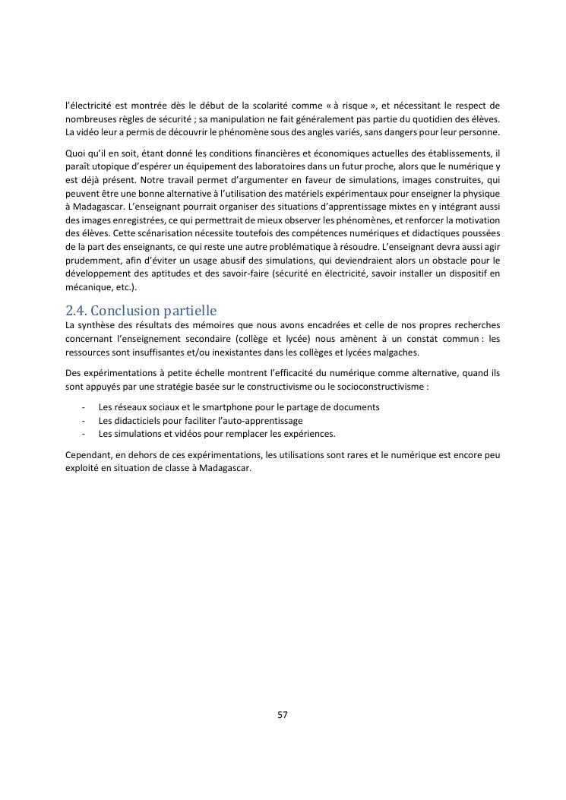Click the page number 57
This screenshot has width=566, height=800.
tap(283, 714)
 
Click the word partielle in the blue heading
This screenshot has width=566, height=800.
tap(190, 311)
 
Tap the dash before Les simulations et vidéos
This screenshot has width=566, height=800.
tap(82, 434)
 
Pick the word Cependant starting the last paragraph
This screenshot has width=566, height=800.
tap(90, 455)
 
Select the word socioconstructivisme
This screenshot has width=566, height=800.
tap(378, 386)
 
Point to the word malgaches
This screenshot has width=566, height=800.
tap(396, 353)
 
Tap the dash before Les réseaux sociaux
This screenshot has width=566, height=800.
tap(82, 407)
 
